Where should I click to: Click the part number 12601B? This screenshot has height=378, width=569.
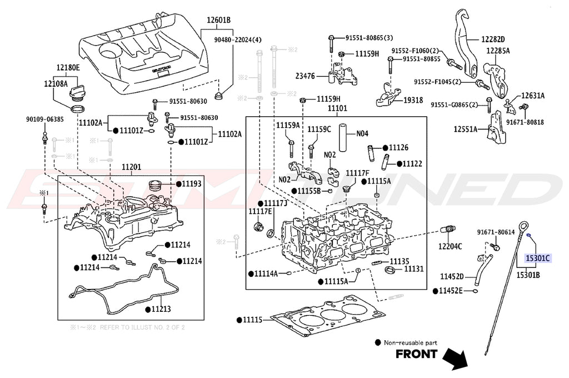click(219, 21)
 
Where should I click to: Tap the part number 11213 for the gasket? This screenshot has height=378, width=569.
click(163, 309)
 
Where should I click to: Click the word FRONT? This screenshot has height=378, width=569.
click(416, 354)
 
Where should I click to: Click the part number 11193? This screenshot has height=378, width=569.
click(192, 183)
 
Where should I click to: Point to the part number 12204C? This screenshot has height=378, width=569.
click(450, 246)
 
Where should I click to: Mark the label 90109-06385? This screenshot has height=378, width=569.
click(44, 119)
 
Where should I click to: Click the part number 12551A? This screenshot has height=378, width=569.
click(465, 129)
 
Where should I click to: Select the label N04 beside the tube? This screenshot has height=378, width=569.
click(362, 133)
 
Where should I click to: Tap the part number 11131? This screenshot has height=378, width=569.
click(413, 268)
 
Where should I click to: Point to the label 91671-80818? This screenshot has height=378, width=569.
click(526, 122)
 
